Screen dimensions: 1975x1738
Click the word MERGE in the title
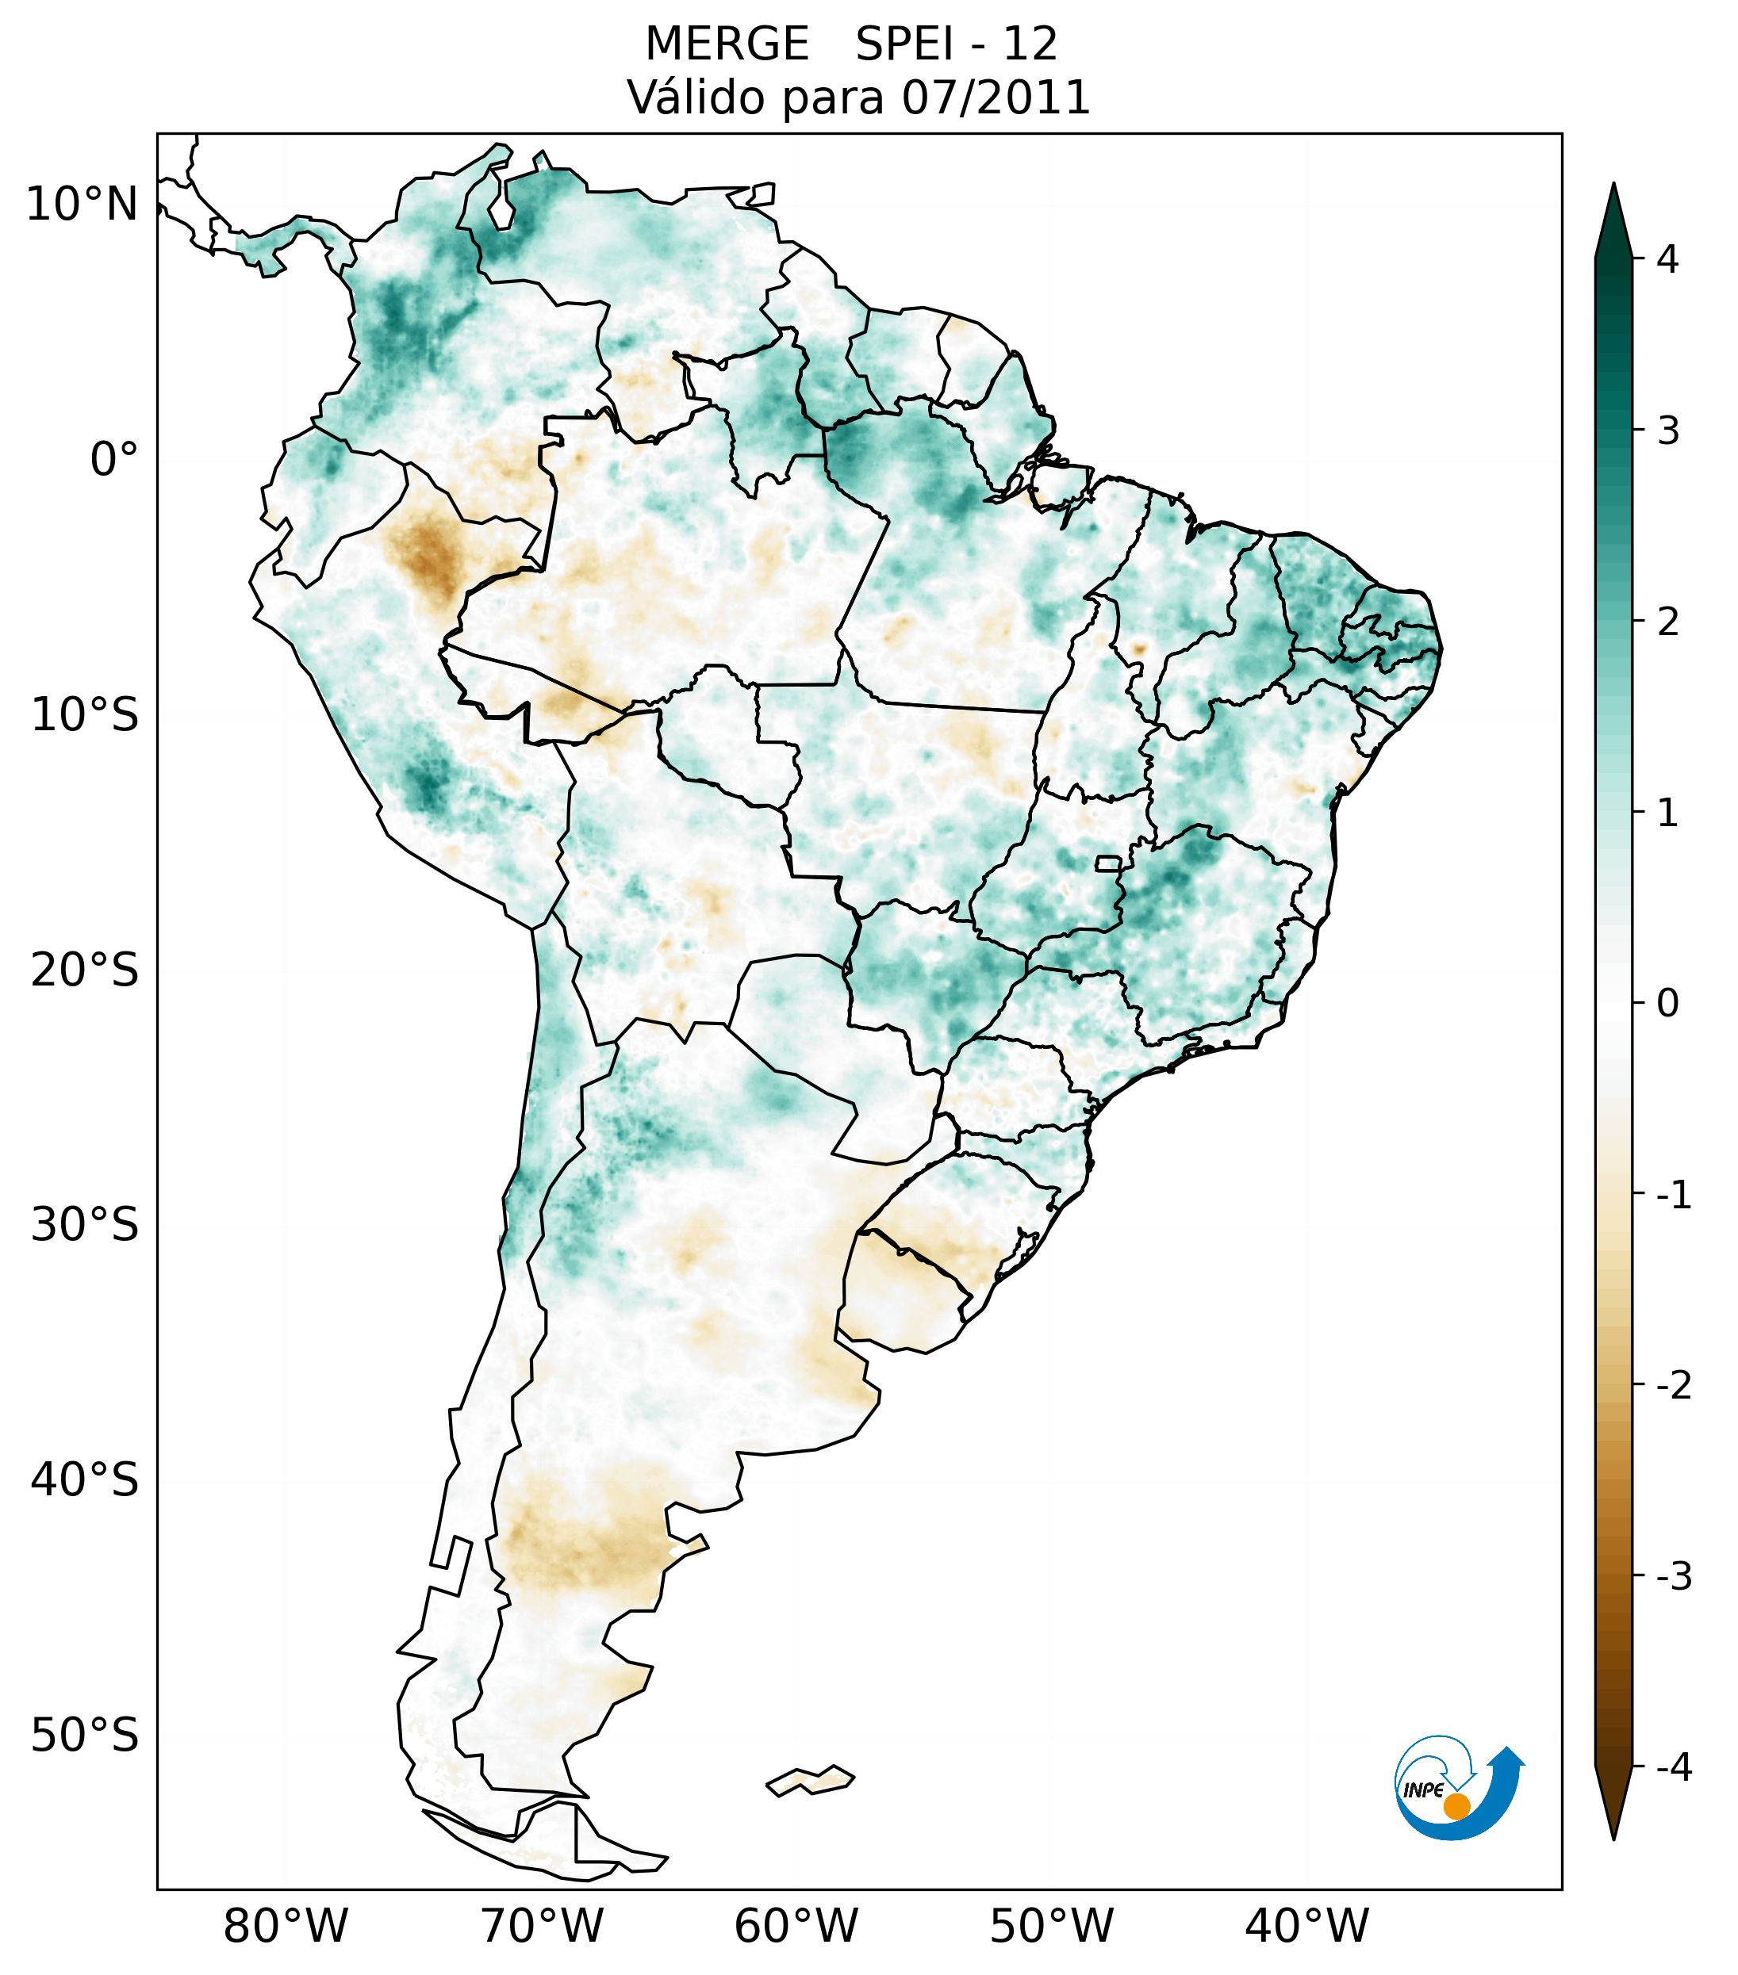pos(727,44)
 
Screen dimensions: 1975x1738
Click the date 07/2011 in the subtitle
pos(996,98)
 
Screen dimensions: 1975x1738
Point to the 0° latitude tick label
pos(114,460)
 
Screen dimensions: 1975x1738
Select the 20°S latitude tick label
pos(85,971)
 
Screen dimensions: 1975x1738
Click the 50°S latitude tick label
pos(85,1736)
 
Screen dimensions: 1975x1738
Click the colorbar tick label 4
pos(1667,259)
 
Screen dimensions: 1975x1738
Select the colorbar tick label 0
pos(1667,1004)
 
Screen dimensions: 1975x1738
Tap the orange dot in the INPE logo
pos(1456,1806)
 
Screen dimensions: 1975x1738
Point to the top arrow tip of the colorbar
pos(1613,186)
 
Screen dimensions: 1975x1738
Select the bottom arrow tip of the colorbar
pos(1613,1839)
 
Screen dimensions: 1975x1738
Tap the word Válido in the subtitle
pos(686,98)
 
